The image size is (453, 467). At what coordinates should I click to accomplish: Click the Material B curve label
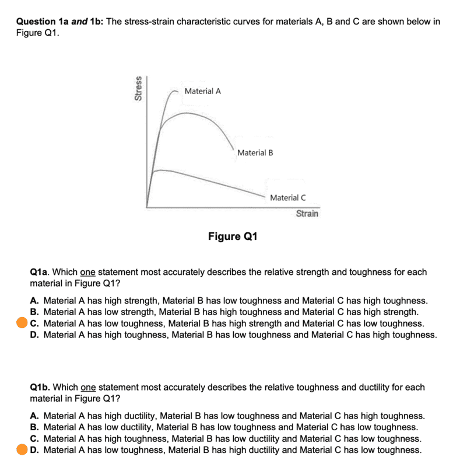point(255,153)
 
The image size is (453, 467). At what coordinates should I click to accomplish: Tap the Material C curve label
point(287,198)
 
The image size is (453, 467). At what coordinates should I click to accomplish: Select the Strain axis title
point(307,214)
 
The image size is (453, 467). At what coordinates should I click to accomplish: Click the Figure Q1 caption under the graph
point(233,236)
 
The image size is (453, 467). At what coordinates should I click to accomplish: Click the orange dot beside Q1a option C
point(22,323)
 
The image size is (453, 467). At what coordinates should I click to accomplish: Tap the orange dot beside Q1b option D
point(22,449)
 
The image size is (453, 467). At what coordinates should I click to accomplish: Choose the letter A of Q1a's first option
point(34,301)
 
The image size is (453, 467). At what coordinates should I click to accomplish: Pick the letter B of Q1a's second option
point(34,312)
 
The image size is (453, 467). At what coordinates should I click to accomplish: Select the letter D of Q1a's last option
point(34,334)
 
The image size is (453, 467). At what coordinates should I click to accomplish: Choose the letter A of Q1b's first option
point(34,416)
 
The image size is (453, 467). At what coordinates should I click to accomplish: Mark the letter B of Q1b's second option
point(34,427)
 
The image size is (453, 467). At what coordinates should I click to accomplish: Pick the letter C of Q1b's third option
point(34,438)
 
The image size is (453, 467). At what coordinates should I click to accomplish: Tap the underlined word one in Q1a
point(87,272)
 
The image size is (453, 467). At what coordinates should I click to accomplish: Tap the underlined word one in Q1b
point(87,387)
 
